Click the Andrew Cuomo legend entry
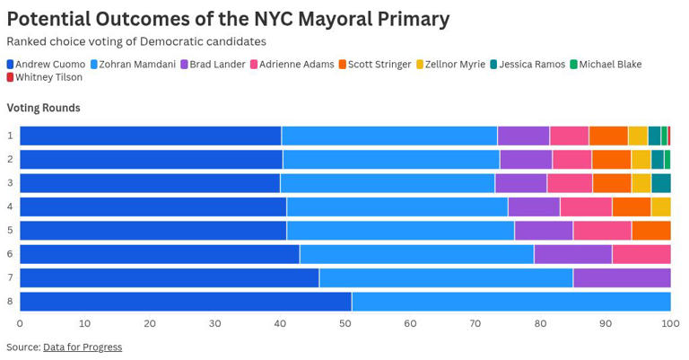coord(50,65)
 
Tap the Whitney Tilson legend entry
coord(48,77)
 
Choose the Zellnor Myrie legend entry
coord(455,65)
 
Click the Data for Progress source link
coord(83,347)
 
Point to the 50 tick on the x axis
coord(345,323)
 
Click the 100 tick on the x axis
coord(669,323)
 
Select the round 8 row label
coord(10,301)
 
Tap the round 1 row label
coord(10,136)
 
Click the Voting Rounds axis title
coord(43,108)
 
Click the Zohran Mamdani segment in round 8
coord(511,301)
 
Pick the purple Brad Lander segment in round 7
coord(622,277)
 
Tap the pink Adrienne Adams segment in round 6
coord(641,254)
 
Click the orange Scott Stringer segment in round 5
coord(651,230)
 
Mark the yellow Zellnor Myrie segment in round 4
coord(661,206)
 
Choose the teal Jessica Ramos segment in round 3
coord(661,183)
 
